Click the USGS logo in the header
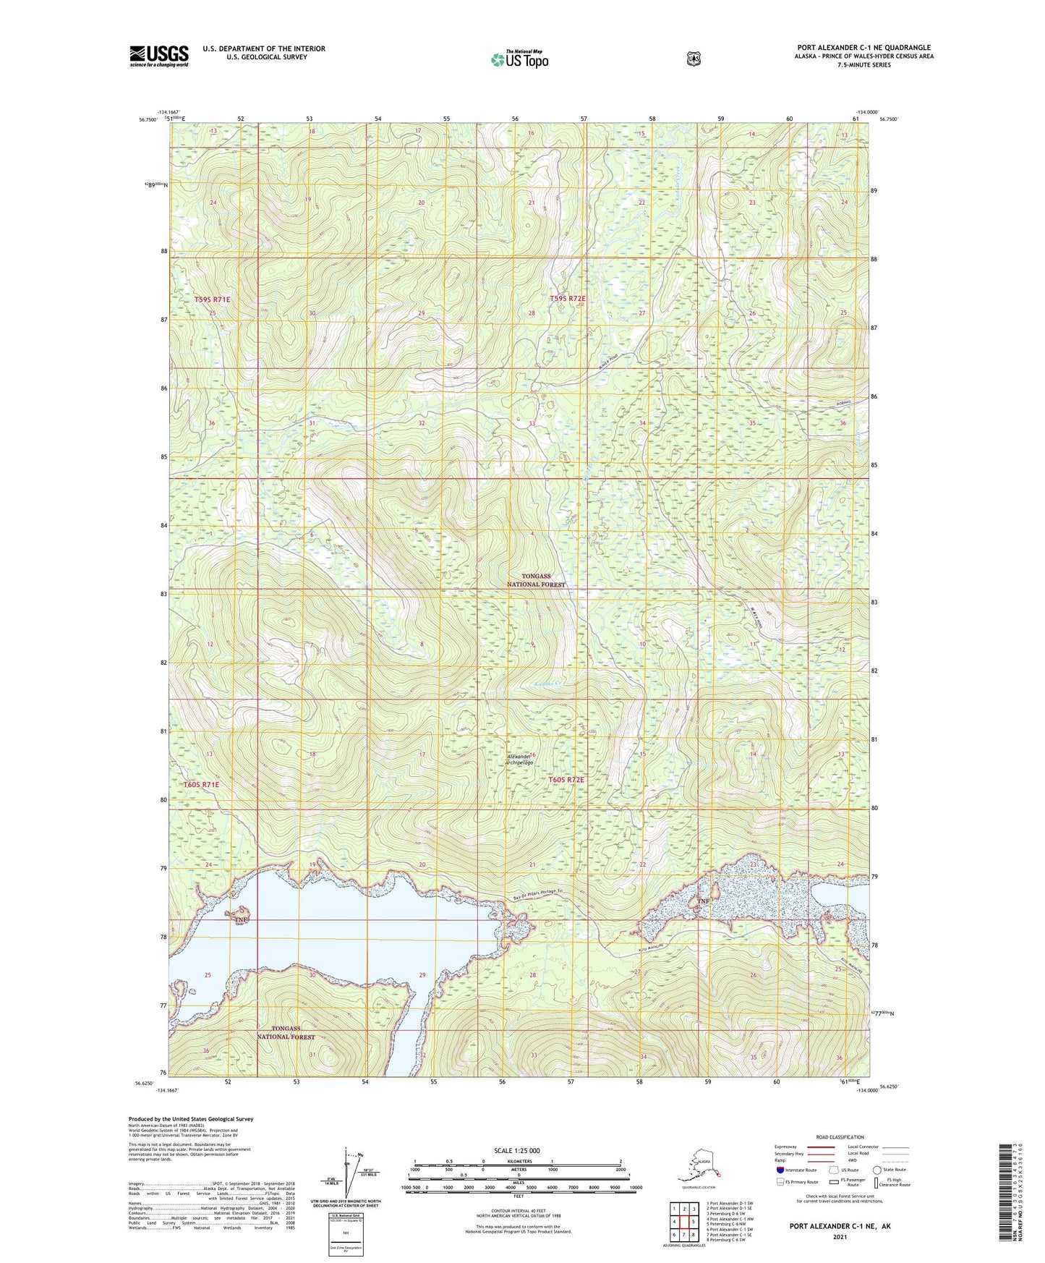click(x=158, y=56)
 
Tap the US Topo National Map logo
click(x=519, y=59)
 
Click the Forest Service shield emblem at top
click(x=693, y=59)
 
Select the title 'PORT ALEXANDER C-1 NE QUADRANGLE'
click(x=864, y=48)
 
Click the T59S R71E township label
click(x=212, y=299)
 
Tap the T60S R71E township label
click(x=200, y=784)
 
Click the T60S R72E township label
click(x=566, y=780)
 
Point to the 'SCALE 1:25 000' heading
click(x=516, y=1150)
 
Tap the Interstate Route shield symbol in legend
click(x=780, y=1170)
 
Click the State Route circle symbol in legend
click(x=876, y=1170)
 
